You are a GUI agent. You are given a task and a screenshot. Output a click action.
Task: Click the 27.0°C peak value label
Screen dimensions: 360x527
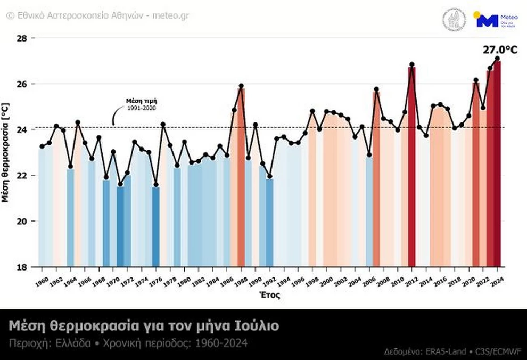click(500, 50)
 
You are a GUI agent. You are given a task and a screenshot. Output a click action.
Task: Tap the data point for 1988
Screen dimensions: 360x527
click(241, 86)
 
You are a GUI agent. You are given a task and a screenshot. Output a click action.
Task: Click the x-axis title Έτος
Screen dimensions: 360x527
click(270, 294)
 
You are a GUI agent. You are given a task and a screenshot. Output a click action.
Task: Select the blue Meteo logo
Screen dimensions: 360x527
click(487, 21)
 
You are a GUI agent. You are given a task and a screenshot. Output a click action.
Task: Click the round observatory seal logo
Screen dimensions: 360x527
click(454, 20)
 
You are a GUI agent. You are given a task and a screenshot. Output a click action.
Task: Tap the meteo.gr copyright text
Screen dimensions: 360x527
click(98, 15)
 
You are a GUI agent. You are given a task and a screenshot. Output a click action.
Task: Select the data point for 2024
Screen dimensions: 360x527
click(497, 59)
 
